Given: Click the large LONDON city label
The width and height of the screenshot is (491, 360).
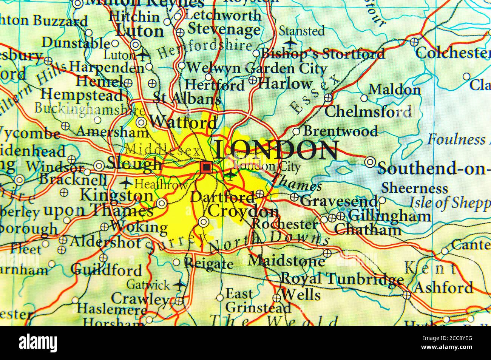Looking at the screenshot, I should pyautogui.click(x=276, y=150).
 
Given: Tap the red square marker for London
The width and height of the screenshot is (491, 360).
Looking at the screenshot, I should pyautogui.click(x=206, y=167).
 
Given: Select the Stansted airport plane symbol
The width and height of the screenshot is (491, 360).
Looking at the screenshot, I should pyautogui.click(x=290, y=43).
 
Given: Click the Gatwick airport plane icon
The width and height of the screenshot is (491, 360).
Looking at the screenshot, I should pyautogui.click(x=179, y=285).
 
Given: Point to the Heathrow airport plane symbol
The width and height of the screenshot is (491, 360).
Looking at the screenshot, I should pyautogui.click(x=126, y=184).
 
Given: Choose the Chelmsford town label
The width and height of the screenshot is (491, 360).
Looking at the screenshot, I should pyautogui.click(x=368, y=111).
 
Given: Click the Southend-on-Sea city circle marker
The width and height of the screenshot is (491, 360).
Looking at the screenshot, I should pyautogui.click(x=370, y=162).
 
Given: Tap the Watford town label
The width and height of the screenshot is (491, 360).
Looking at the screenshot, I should pyautogui.click(x=183, y=122).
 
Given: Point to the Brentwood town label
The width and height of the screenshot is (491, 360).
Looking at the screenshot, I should pyautogui.click(x=340, y=131).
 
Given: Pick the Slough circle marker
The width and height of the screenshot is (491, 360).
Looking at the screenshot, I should pyautogui.click(x=99, y=165).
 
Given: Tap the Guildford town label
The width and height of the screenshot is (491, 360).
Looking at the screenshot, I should pyautogui.click(x=106, y=270).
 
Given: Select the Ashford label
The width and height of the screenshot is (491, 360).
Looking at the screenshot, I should pyautogui.click(x=443, y=287).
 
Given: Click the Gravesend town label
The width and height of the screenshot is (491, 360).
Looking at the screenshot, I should pyautogui.click(x=339, y=201).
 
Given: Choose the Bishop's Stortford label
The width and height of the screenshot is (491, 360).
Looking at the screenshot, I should pyautogui.click(x=323, y=54).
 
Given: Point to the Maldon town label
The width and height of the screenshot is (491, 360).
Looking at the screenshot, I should pyautogui.click(x=394, y=90).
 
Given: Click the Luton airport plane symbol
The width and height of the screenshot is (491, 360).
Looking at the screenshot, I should pyautogui.click(x=142, y=56).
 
